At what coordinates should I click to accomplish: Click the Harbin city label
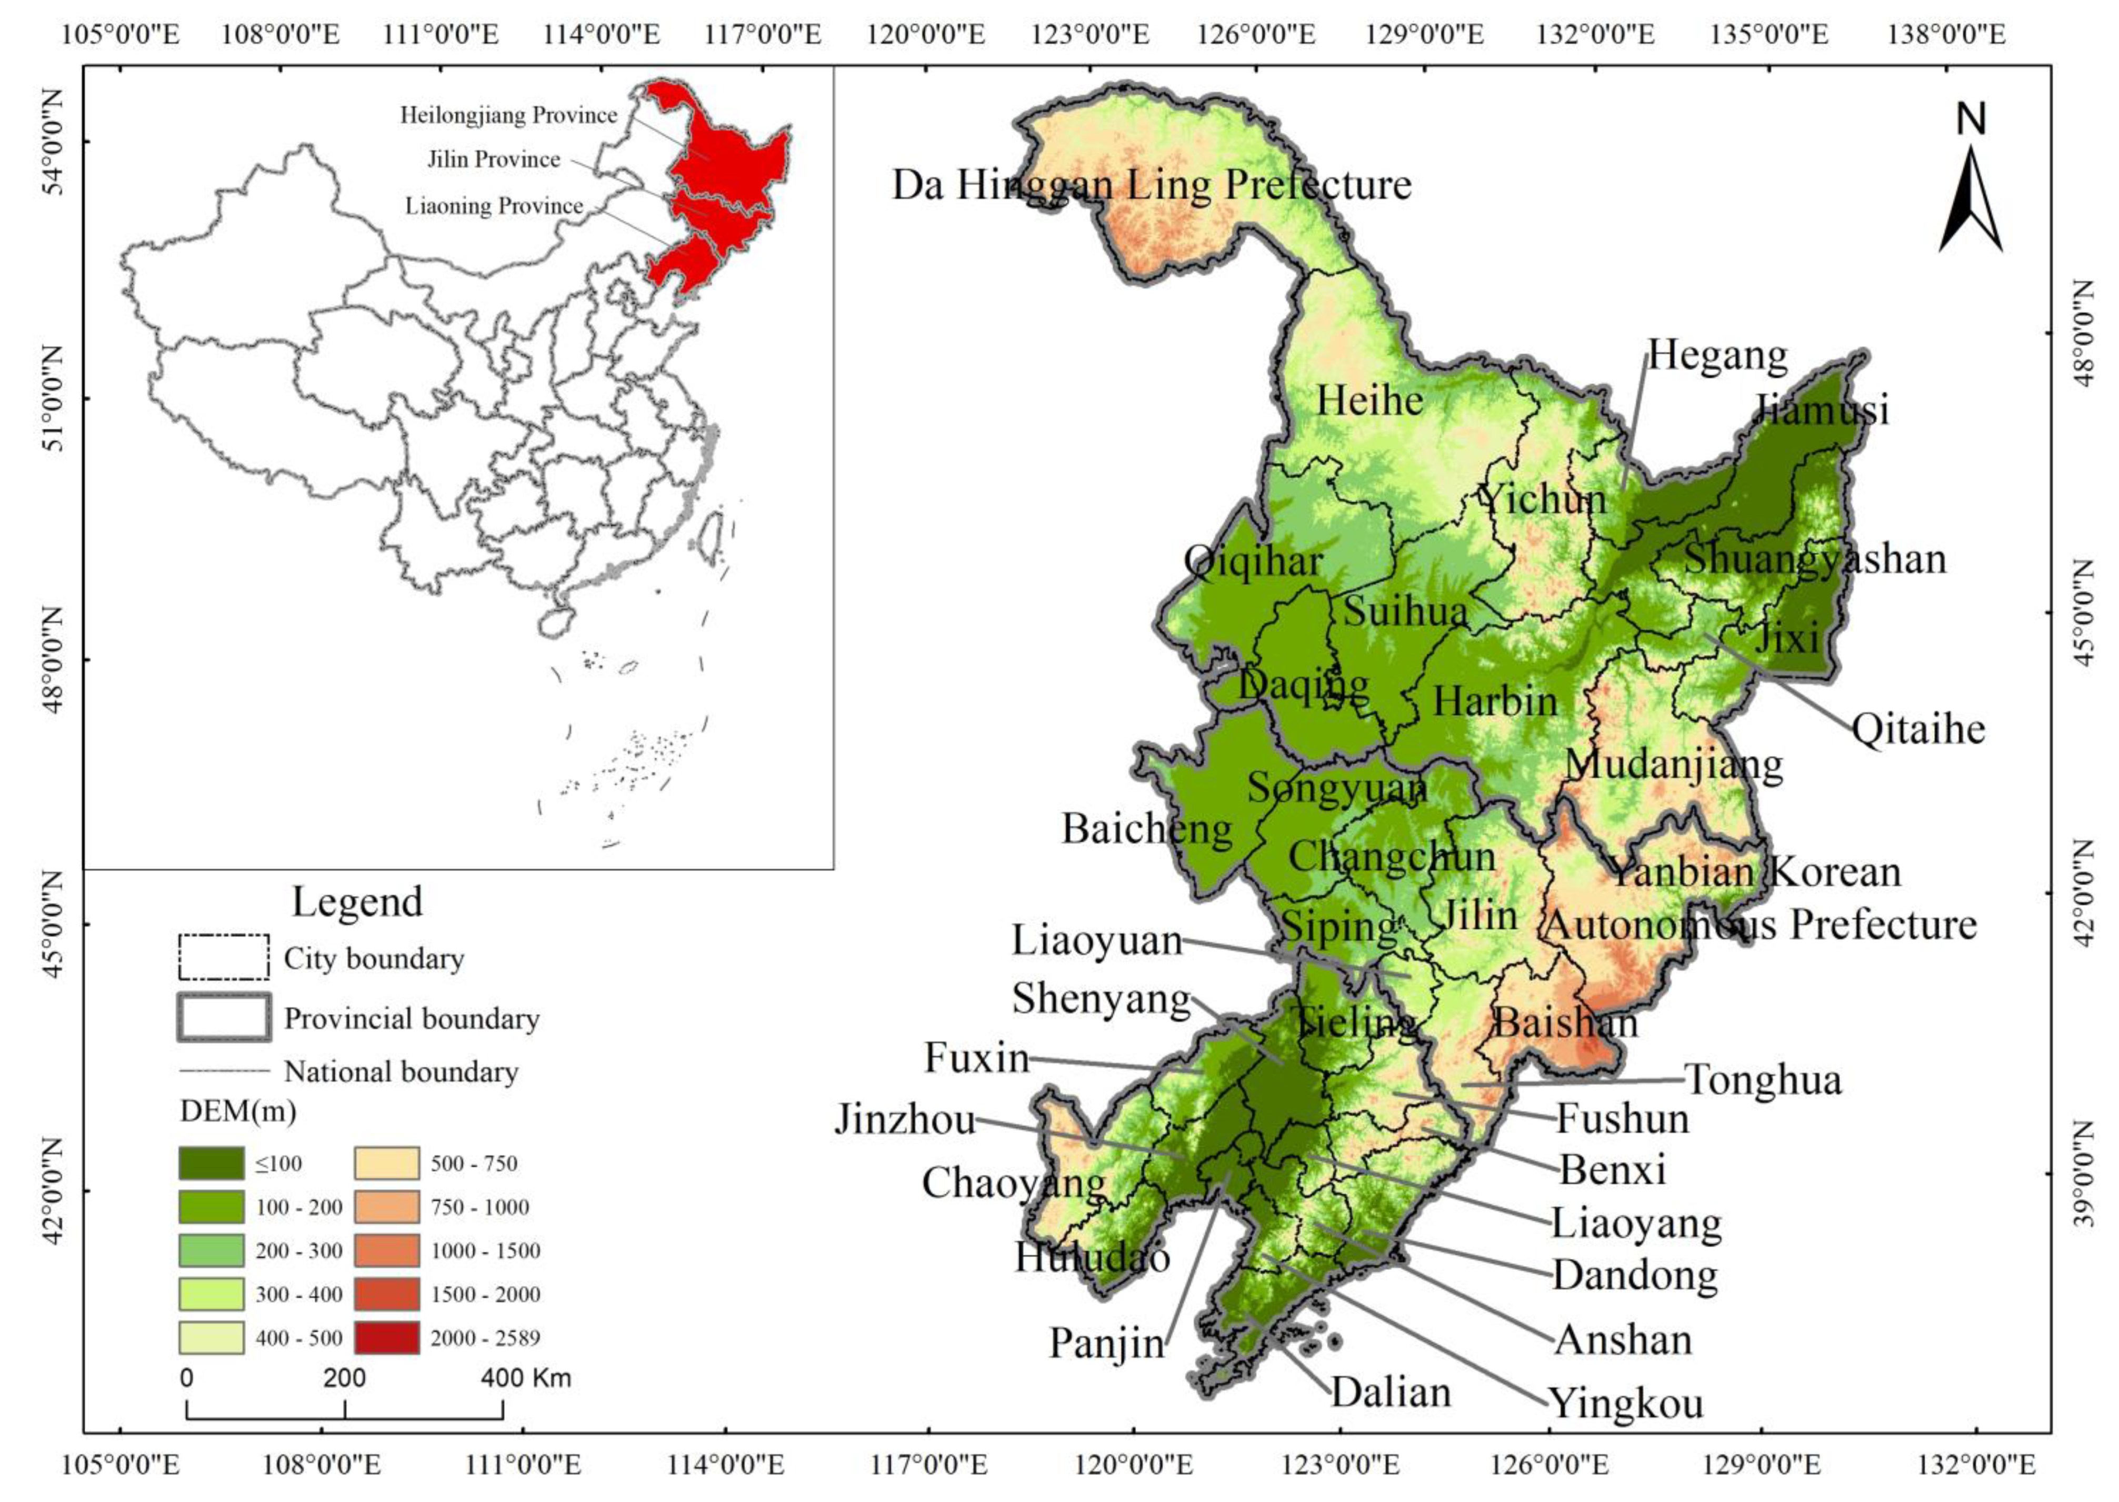click(x=1495, y=701)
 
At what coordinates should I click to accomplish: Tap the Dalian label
click(x=1391, y=1391)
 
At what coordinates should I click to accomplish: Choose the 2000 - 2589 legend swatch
click(x=386, y=1337)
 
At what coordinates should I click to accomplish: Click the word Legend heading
click(x=357, y=901)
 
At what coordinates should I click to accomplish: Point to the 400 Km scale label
click(x=526, y=1378)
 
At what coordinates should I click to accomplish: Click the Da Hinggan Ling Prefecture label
click(x=1151, y=185)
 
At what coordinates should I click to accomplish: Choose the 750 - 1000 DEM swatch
click(x=386, y=1207)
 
